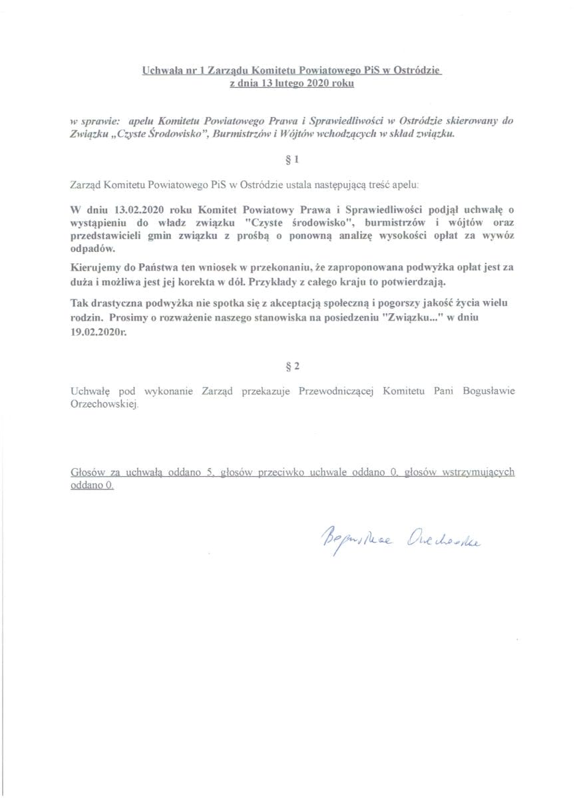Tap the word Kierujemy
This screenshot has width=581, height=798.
pyautogui.click(x=93, y=267)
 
